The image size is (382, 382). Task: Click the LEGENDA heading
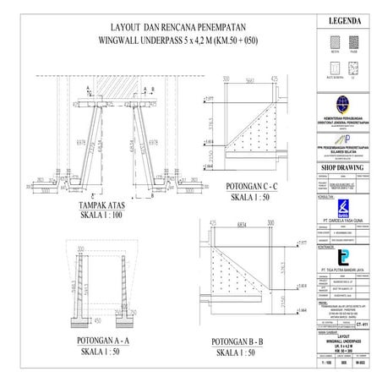click(341, 19)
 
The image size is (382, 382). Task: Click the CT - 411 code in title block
click(362, 323)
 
